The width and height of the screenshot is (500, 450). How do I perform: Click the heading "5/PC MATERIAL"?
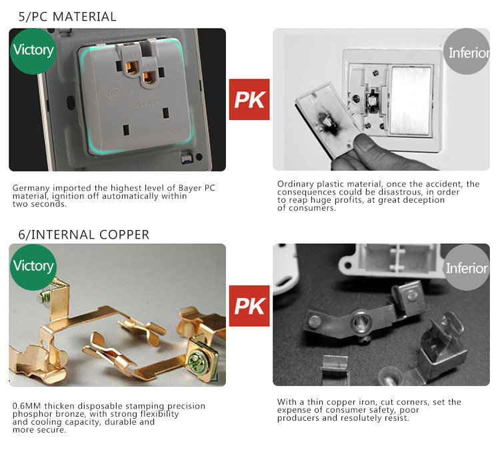(x=67, y=17)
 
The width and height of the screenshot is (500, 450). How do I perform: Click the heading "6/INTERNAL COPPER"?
(x=83, y=235)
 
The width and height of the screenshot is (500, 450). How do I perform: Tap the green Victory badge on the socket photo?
(x=33, y=51)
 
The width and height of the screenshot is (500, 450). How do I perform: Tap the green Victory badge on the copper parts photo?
(x=33, y=267)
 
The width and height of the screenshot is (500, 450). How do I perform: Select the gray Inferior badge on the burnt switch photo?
(x=467, y=51)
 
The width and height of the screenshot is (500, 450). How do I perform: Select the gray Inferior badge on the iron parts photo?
(x=467, y=267)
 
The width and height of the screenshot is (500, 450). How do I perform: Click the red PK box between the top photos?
(x=249, y=99)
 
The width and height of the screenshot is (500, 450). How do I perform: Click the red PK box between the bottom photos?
(x=249, y=306)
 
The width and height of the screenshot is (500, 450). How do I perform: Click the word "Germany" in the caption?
(x=31, y=188)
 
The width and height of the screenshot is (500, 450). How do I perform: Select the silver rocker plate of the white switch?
(x=411, y=100)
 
